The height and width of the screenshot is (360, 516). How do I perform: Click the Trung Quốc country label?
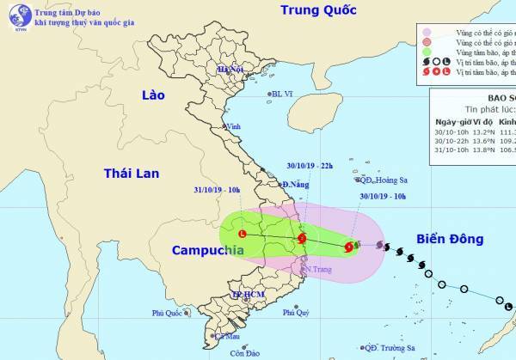click(x=319, y=10)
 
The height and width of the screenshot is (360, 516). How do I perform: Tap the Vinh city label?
click(x=232, y=126)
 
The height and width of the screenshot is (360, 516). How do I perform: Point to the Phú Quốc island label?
click(x=169, y=314)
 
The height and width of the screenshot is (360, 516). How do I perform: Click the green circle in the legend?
click(x=427, y=52)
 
